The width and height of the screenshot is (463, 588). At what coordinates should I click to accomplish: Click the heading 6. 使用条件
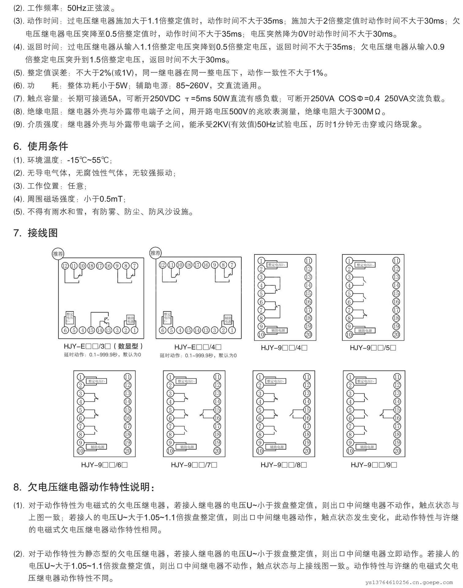point(40,146)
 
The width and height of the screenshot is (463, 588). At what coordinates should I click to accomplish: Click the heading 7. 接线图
point(36,233)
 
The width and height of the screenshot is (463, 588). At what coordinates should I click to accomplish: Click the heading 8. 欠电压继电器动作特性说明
point(84,487)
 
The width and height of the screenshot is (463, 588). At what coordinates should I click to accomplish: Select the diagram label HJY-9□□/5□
point(373,348)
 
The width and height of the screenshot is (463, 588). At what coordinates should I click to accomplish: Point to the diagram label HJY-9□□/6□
point(104,465)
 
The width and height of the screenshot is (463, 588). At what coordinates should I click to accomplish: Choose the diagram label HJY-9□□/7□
point(194,465)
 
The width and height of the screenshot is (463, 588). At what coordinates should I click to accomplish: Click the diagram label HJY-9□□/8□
point(284,465)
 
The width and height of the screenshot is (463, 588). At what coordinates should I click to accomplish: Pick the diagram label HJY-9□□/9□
point(374,465)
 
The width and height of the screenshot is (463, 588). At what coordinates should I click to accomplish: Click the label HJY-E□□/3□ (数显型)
point(103,347)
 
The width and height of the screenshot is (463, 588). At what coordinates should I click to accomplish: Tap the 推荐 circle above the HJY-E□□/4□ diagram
point(156,253)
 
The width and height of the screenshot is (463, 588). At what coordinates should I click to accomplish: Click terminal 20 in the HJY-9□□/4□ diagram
point(308,335)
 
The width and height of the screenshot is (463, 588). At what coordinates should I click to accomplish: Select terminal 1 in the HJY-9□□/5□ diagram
point(349,261)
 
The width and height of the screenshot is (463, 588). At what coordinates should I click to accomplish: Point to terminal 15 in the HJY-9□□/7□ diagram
point(217,410)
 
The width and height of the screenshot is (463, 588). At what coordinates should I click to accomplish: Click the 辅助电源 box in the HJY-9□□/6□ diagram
point(97,447)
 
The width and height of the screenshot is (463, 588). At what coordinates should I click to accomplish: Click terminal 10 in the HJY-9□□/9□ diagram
point(350,451)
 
